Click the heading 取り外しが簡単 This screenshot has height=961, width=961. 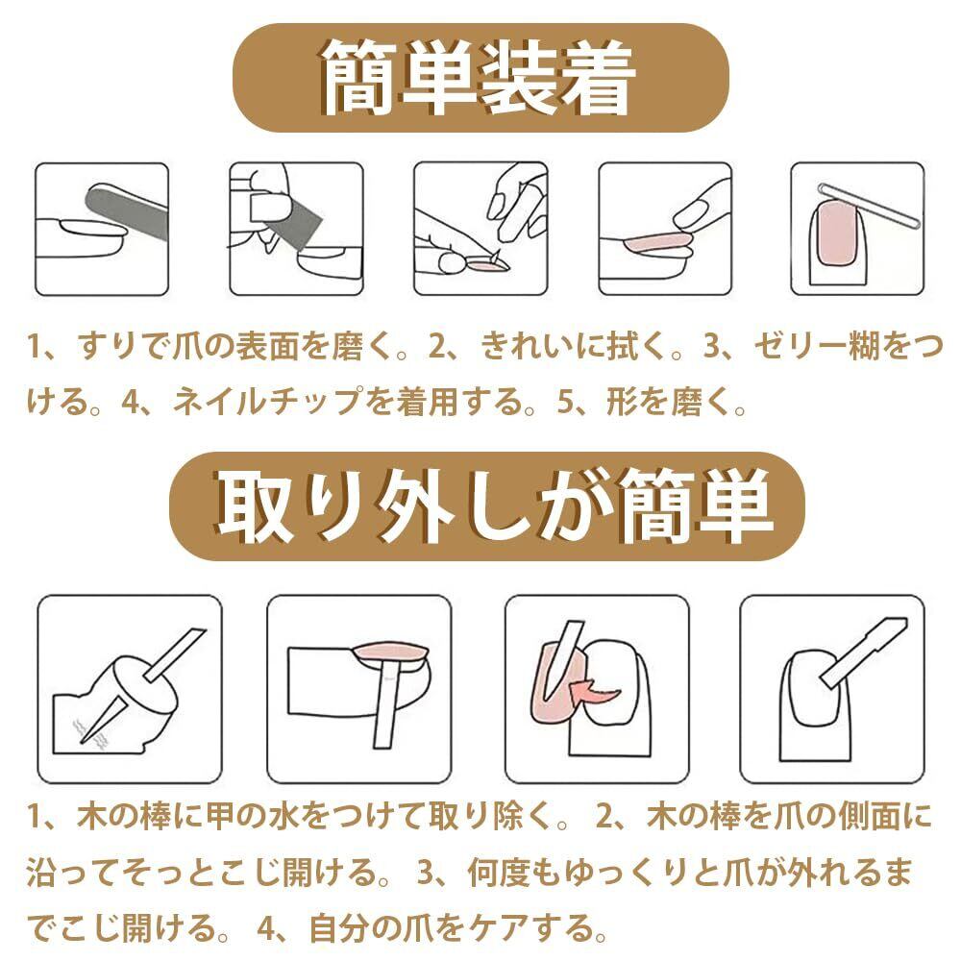pyautogui.click(x=494, y=506)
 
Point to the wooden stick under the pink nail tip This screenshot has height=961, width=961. pyautogui.click(x=387, y=703)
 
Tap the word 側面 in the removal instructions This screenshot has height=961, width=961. pyautogui.click(x=870, y=816)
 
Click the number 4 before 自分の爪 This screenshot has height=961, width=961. pyautogui.click(x=268, y=929)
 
